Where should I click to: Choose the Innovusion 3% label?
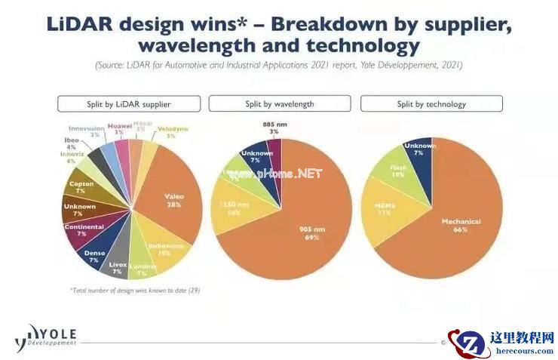(x=84, y=131)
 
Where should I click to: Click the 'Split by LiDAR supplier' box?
(x=130, y=104)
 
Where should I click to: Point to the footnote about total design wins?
(x=135, y=290)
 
